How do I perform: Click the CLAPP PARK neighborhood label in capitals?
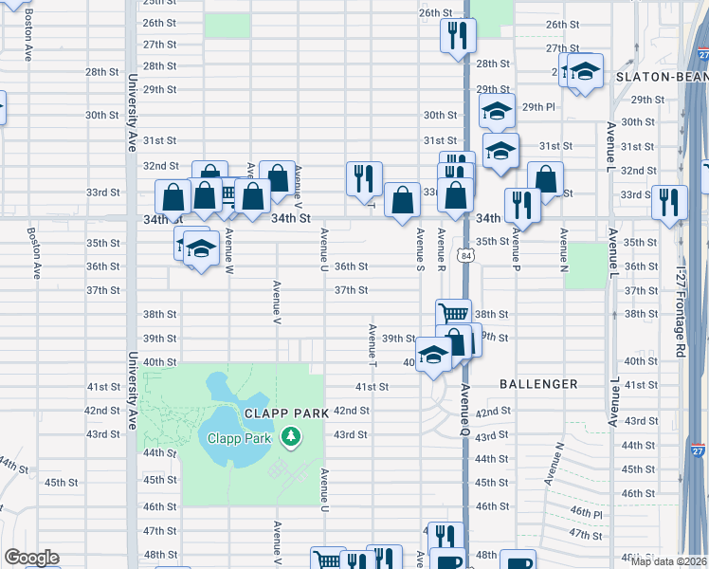[x=284, y=413]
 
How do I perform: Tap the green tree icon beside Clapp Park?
[x=292, y=437]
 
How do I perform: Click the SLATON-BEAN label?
[x=661, y=75]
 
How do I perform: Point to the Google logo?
[x=31, y=558]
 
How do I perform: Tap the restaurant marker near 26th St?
[x=458, y=36]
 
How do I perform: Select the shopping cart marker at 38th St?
[x=453, y=314]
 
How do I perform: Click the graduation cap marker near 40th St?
[x=433, y=355]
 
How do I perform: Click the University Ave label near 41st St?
[x=130, y=390]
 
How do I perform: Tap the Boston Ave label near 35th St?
[x=34, y=250]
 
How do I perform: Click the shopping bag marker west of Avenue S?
[x=402, y=200]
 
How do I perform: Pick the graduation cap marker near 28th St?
[x=586, y=71]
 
